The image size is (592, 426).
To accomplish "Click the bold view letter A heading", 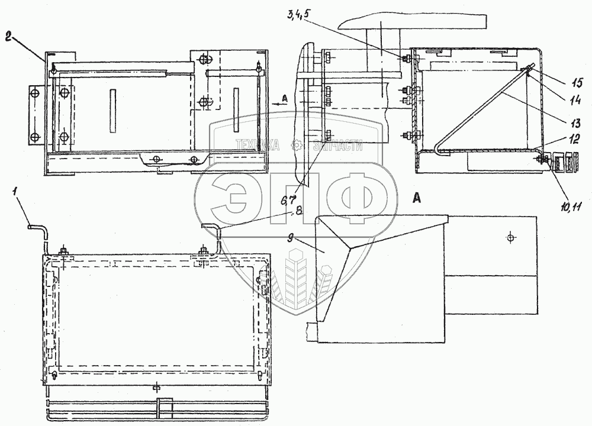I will click(417, 200).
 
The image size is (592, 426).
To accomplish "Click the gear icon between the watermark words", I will click(298, 145).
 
